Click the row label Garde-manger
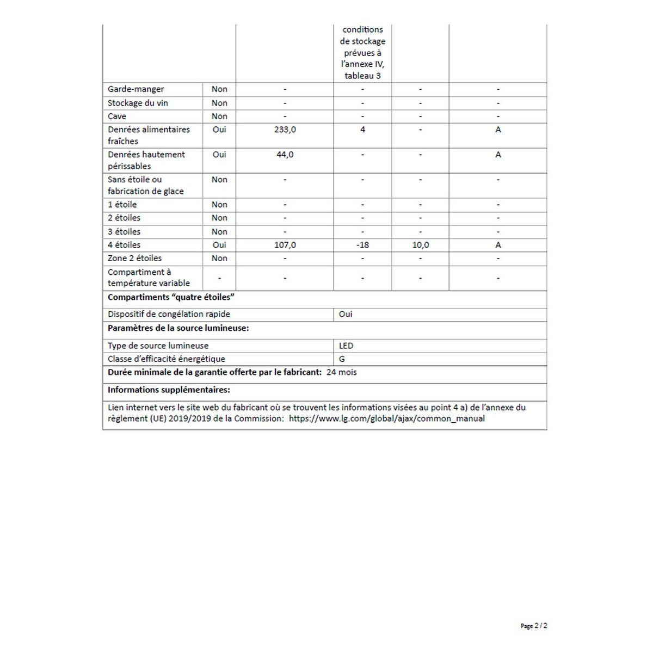pos(135,89)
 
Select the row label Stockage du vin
pos(138,103)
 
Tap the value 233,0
pos(285,130)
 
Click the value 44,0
pos(285,155)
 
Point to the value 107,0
pos(285,245)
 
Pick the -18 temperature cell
pos(362,245)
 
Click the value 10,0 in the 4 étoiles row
pos(420,245)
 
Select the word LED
pos(346,346)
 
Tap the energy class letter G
pos(342,359)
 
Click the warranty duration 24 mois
pos(341,372)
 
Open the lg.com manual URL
pos(386,418)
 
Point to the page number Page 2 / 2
pos(534,626)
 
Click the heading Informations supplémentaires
pos(169,390)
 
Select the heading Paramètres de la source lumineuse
pos(178,328)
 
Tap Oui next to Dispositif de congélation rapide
pos(346,314)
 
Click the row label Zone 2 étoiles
pos(134,258)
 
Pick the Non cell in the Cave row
pos(219,116)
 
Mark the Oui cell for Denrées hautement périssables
pos(219,155)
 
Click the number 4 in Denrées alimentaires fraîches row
pos(362,130)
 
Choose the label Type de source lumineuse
pos(158,346)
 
